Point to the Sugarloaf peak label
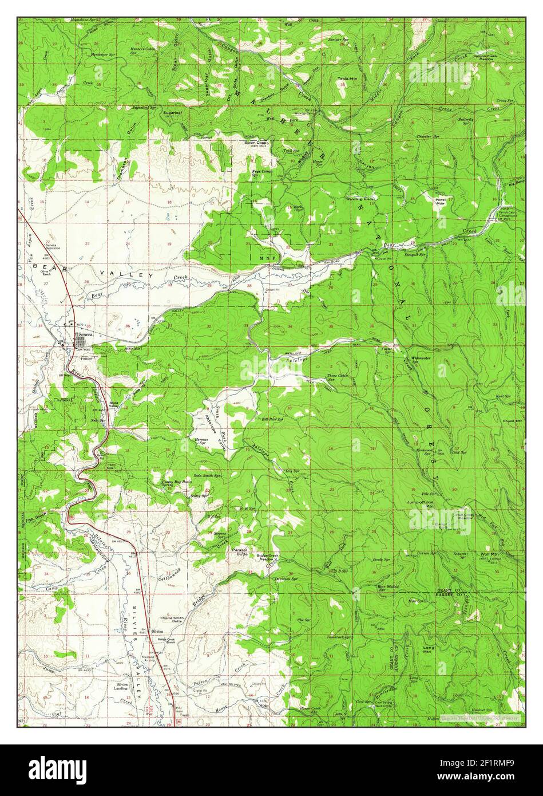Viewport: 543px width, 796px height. tap(172, 113)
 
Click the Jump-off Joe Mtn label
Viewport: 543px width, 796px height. tap(437, 504)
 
